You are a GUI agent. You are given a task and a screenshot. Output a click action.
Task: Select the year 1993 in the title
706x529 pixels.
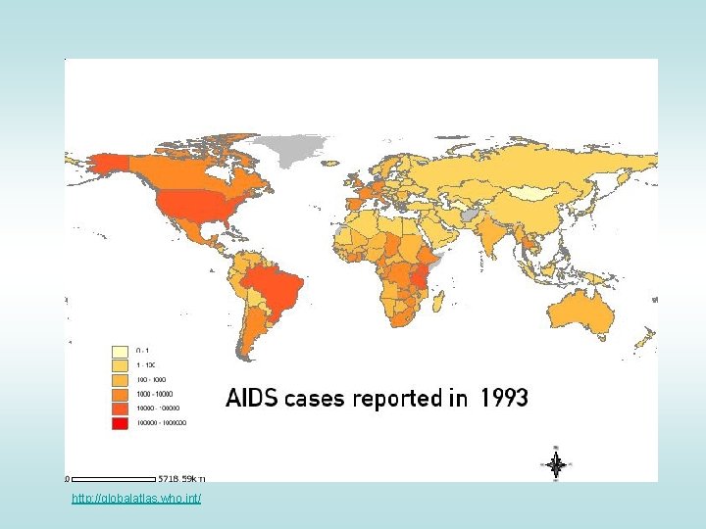tap(504, 399)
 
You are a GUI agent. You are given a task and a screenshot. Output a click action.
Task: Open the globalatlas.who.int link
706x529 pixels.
tap(136, 500)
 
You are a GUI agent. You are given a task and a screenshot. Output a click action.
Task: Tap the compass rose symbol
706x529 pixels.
tap(556, 464)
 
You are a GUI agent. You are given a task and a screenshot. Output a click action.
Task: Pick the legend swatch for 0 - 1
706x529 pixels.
tap(120, 350)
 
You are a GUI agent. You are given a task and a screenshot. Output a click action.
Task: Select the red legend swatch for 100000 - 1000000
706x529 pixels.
tap(120, 422)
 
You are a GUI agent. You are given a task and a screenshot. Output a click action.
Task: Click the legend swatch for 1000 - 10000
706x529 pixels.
tap(120, 393)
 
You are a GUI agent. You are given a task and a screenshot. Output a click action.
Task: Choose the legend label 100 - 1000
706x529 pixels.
tap(151, 379)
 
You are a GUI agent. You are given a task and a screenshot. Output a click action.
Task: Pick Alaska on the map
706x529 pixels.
tap(103, 164)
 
